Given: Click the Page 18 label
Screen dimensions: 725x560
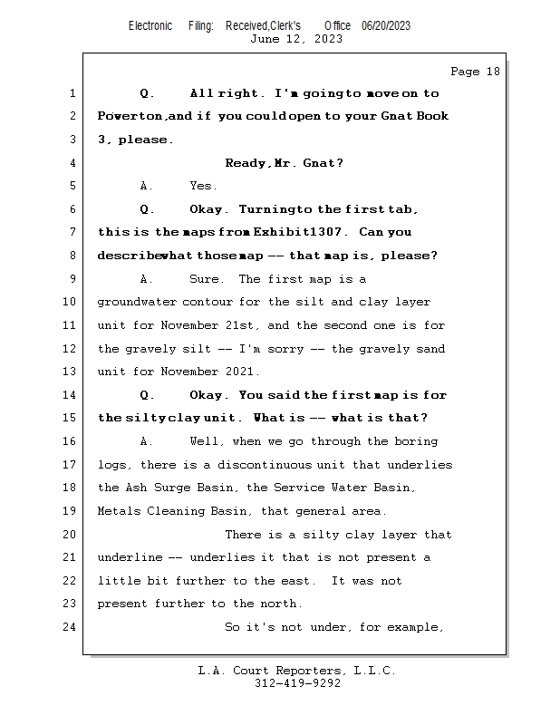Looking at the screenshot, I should click(475, 72).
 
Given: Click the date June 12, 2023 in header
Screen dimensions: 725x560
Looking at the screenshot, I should click(296, 39).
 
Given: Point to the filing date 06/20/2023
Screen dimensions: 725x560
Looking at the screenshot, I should click(386, 25).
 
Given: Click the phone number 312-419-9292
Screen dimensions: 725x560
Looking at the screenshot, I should click(297, 683).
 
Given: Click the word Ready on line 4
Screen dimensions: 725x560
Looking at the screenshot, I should click(246, 163).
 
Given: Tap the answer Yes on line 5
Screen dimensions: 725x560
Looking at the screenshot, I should click(202, 186).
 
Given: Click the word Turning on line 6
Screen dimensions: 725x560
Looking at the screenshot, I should click(267, 209).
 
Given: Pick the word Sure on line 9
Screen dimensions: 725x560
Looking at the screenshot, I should click(204, 279).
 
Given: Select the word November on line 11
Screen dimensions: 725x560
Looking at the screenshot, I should click(193, 325).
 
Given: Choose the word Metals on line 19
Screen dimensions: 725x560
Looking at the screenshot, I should click(118, 511).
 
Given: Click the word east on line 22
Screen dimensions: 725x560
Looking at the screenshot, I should click(295, 581).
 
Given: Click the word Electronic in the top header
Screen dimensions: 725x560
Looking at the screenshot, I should click(150, 25).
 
